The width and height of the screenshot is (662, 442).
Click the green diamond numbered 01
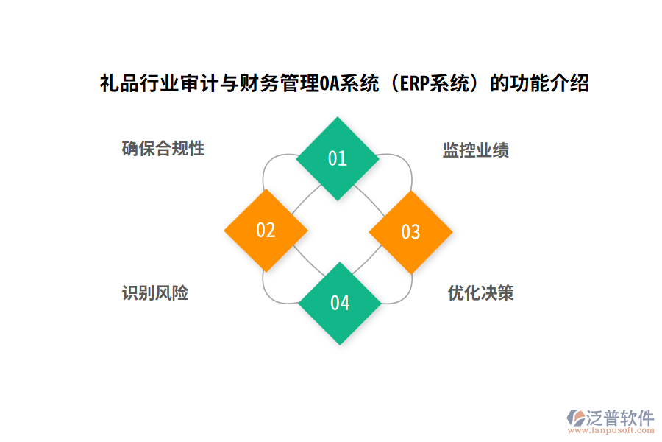(338, 158)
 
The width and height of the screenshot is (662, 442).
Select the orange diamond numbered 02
(266, 231)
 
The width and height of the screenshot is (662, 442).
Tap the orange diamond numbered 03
(410, 232)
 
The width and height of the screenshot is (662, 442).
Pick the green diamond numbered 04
(339, 303)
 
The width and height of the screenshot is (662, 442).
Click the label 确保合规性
(163, 149)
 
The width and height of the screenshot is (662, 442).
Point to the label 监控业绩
(476, 151)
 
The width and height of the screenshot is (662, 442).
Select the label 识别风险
(155, 293)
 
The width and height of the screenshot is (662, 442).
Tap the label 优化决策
(481, 293)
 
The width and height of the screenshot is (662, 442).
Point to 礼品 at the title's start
(116, 83)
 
